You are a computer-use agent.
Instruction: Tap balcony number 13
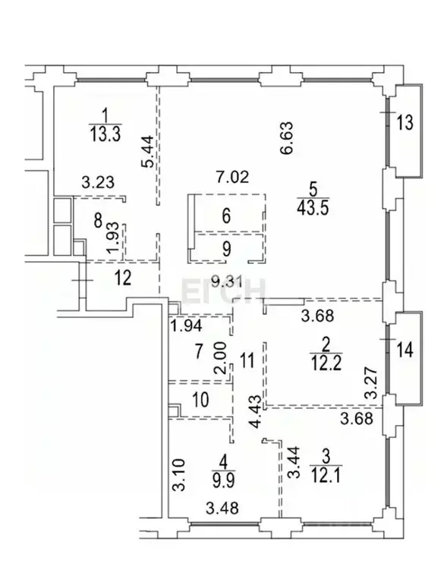pos(405,123)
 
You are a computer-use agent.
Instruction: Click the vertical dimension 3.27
pos(371,384)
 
